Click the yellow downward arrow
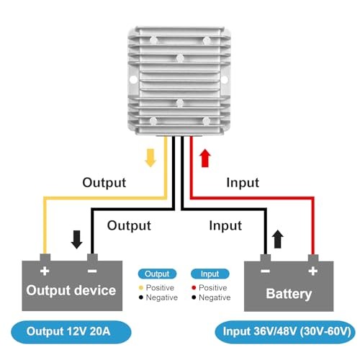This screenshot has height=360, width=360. [x=150, y=158]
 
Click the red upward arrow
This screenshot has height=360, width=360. [x=205, y=158]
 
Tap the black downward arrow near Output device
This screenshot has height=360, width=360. [x=77, y=239]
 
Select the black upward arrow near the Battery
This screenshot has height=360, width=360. [x=278, y=239]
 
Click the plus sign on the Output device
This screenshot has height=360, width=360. [x=45, y=271]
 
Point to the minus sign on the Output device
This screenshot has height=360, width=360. [x=92, y=271]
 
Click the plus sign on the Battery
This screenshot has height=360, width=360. [x=313, y=271]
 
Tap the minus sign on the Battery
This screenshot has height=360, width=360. [x=265, y=271]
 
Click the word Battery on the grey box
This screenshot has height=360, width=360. [x=289, y=294]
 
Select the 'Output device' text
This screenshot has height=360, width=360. [x=71, y=290]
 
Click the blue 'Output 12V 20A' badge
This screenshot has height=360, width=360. [x=71, y=332]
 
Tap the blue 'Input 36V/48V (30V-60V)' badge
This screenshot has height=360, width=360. [x=285, y=332]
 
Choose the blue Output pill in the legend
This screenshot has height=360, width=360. [x=157, y=274]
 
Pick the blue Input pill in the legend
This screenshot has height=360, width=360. [x=210, y=274]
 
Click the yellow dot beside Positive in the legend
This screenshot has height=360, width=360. [x=141, y=287]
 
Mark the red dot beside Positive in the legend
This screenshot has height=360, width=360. [x=194, y=287]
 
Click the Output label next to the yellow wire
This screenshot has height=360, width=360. [x=104, y=183]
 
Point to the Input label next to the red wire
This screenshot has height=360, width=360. [x=243, y=183]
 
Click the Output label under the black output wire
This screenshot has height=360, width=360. [x=129, y=226]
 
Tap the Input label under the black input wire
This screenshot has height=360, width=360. [x=225, y=226]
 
